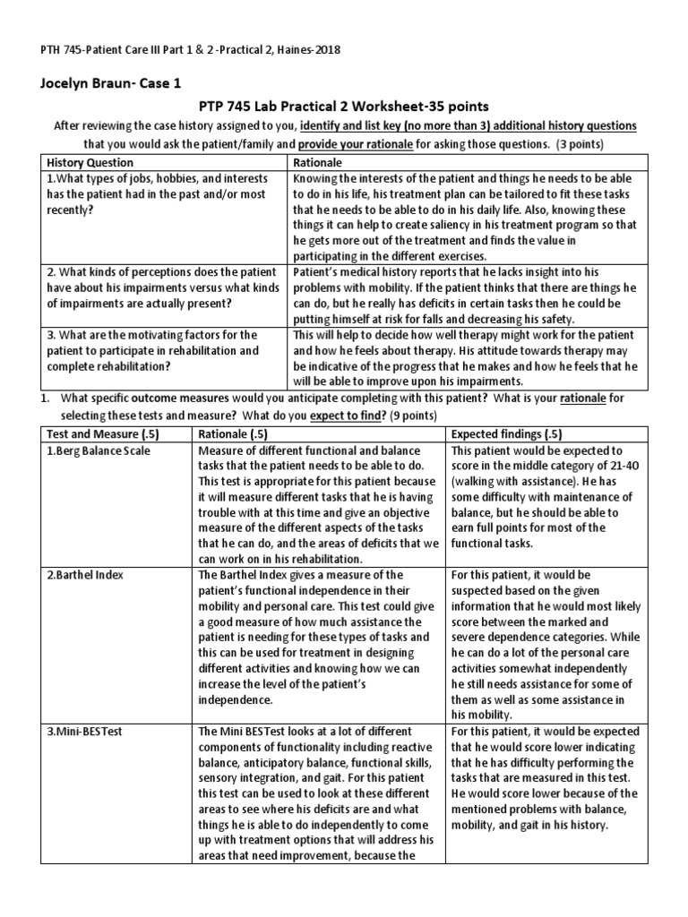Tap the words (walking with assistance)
511,483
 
